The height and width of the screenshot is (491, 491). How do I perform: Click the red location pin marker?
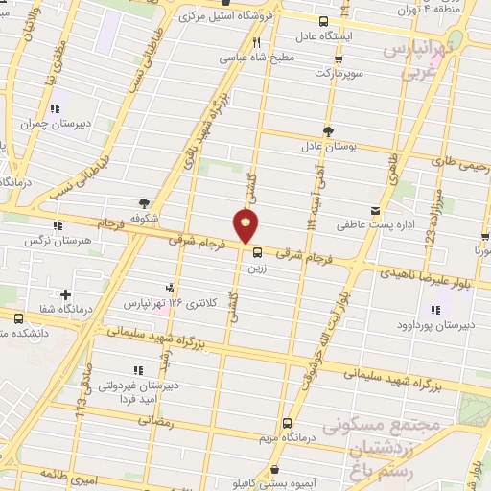pos(245,226)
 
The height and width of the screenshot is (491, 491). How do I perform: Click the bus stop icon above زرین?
pos(256,253)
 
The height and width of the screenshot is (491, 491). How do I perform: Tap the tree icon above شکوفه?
pos(144,202)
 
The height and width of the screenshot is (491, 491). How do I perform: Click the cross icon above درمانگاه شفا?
pos(65,293)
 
